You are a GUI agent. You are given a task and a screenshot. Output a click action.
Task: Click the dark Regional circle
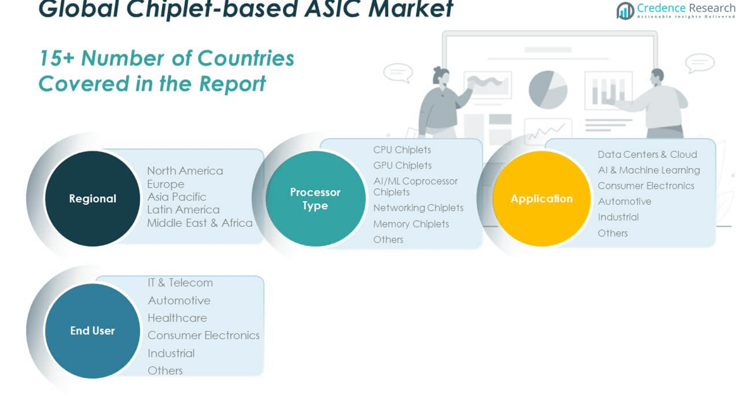(x=92, y=198)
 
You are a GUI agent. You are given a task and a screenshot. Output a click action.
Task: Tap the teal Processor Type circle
(x=315, y=198)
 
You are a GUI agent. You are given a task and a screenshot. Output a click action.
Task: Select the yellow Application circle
(x=541, y=198)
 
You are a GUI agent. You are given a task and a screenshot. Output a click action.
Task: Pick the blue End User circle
(x=92, y=330)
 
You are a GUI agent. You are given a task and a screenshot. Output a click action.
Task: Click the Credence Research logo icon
(x=625, y=11)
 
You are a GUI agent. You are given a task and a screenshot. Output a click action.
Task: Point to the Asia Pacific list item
(x=177, y=197)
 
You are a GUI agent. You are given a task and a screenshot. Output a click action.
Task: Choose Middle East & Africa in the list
(x=199, y=223)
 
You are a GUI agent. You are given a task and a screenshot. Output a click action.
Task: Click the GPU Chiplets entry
(x=403, y=165)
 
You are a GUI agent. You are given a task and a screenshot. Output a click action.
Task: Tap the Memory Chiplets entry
(x=411, y=224)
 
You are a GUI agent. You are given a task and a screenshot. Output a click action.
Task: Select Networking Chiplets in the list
(x=418, y=207)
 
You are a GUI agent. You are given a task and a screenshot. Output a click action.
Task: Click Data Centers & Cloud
(x=647, y=154)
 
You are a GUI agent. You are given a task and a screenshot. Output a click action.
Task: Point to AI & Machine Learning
(x=648, y=170)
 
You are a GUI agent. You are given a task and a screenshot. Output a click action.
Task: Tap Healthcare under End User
(x=177, y=318)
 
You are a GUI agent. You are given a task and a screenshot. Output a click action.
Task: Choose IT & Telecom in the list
(x=180, y=283)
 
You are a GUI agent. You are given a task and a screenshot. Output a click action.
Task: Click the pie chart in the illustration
(x=548, y=90)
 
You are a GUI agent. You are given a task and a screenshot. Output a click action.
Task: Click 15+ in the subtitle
(x=56, y=58)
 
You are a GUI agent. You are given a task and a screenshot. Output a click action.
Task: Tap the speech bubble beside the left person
(x=398, y=73)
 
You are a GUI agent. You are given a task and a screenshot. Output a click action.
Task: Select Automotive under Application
(x=624, y=202)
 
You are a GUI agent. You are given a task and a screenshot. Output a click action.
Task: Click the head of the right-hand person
(x=656, y=76)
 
